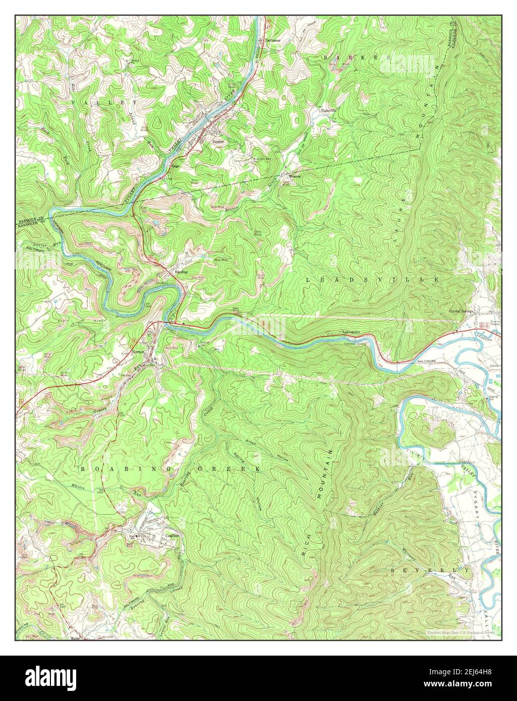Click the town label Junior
tap(218, 142)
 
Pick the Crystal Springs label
tap(461, 312)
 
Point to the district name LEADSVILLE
tap(372, 279)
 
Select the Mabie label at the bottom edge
tap(76, 637)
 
